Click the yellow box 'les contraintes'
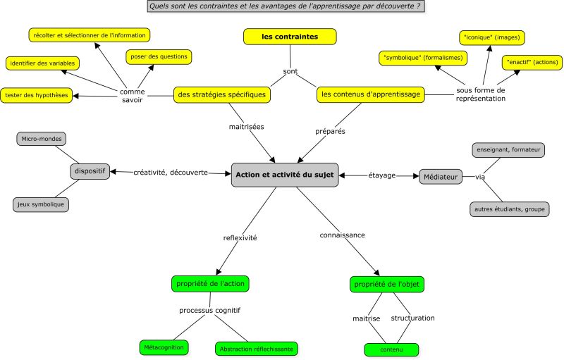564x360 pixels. (290, 37)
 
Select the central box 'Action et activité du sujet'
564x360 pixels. (285, 175)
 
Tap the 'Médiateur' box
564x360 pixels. (441, 177)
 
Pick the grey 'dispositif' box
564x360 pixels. (90, 171)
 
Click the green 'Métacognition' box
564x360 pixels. (164, 347)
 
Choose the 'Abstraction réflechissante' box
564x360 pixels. (257, 349)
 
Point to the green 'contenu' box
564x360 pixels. (391, 349)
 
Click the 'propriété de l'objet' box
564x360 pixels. (386, 284)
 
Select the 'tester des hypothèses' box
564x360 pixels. (37, 95)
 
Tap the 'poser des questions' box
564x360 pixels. (159, 57)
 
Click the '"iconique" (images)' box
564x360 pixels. (491, 37)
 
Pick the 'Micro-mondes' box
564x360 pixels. (42, 139)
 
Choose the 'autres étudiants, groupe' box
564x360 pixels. (509, 209)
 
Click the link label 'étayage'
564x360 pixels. (381, 175)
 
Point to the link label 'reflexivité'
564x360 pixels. (240, 238)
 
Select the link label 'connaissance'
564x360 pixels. (342, 235)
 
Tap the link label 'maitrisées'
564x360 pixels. (246, 127)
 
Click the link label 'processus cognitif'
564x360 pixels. (209, 311)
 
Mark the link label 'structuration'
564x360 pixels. (412, 318)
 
